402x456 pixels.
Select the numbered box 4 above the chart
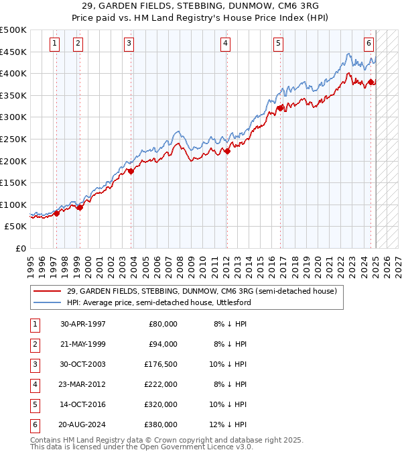(x=226, y=44)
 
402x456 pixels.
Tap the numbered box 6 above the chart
(x=368, y=44)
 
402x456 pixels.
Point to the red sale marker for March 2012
(x=227, y=151)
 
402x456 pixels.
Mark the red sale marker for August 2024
(x=370, y=82)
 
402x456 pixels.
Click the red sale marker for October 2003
(x=131, y=171)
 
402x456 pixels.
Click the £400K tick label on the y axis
(x=13, y=73)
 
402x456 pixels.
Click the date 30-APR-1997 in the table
(x=82, y=324)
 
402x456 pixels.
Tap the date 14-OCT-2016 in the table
(x=82, y=405)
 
